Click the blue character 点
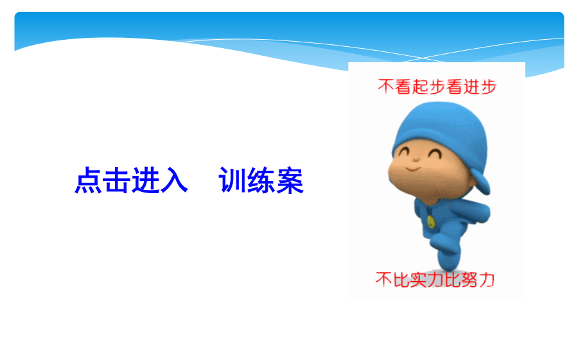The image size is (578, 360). [x=88, y=180]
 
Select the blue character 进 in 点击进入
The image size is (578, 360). [x=145, y=180]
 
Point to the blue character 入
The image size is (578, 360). [x=174, y=180]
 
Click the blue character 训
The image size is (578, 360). [x=232, y=180]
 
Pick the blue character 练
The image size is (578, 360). [x=261, y=180]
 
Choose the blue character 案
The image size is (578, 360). [x=290, y=180]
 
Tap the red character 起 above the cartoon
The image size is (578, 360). [x=420, y=87]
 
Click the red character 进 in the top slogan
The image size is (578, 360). [x=471, y=87]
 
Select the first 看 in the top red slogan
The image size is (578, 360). [x=403, y=87]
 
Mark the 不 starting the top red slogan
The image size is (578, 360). [x=387, y=87]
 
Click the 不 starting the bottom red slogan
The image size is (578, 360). [x=384, y=280]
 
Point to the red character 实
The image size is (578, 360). [x=417, y=280]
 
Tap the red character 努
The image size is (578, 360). [x=469, y=280]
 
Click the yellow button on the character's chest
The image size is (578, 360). [x=431, y=221]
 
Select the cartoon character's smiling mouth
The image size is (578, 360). [x=413, y=169]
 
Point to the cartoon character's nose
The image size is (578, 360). [x=416, y=159]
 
